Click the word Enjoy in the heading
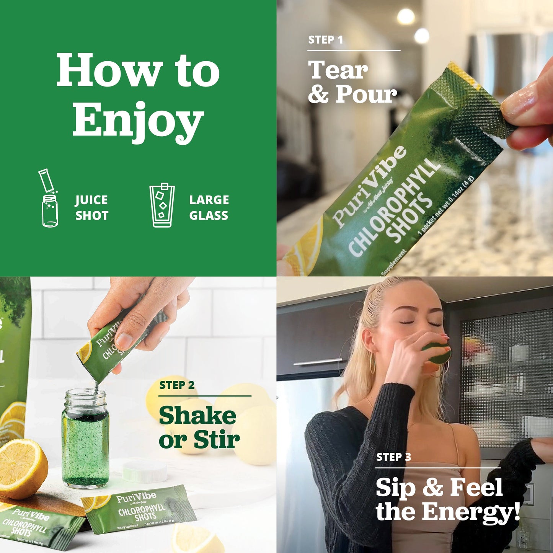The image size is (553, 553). (138, 119)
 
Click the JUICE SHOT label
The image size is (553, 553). (91, 208)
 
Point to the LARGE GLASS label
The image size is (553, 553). (209, 208)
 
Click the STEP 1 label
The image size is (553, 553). (326, 40)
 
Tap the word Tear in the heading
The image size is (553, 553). (338, 70)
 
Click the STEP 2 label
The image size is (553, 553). (177, 385)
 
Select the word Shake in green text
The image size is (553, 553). (197, 416)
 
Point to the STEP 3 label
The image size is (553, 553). (393, 457)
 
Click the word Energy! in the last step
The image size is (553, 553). (471, 511)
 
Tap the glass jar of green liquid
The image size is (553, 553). (85, 440)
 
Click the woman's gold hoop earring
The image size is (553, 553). (372, 364)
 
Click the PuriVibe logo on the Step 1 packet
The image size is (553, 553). (369, 185)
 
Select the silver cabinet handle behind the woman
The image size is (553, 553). (318, 362)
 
